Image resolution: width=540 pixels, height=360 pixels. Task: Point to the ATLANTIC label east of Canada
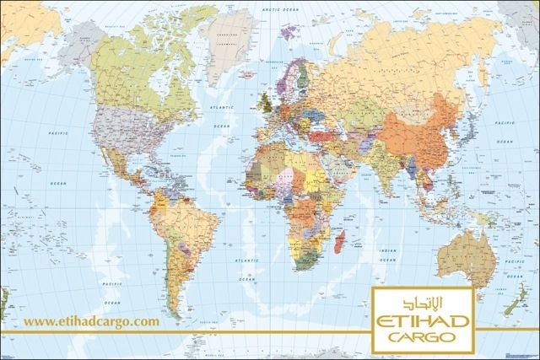[x=221, y=108]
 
